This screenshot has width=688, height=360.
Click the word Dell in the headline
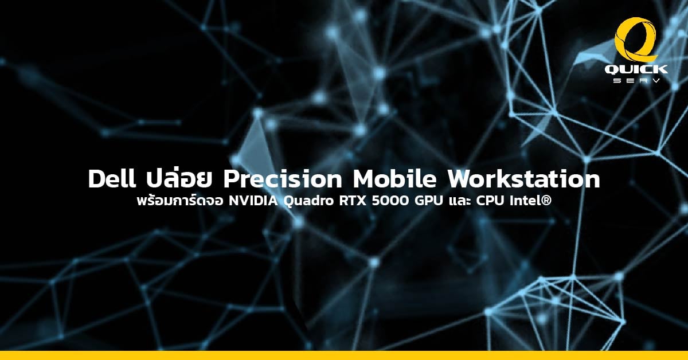112,179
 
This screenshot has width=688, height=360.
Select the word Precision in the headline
283,179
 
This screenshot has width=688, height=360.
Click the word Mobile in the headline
394,179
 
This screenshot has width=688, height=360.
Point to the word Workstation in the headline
523,179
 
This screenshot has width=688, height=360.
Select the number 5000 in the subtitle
390,201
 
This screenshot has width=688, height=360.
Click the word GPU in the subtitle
428,201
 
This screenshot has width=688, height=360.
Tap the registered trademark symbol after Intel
547,201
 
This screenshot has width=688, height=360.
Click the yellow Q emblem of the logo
636,40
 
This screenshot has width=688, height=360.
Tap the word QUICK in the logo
636,69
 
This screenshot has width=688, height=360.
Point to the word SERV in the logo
636,80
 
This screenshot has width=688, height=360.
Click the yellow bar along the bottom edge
344,355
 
